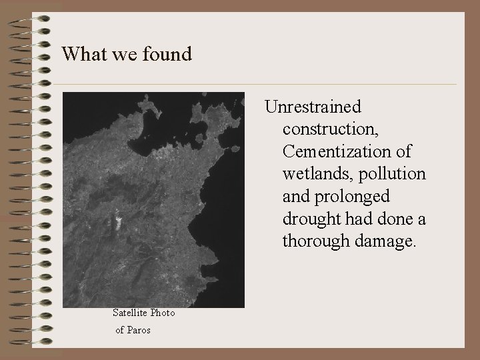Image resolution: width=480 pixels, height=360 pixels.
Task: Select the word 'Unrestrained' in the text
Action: [x=313, y=107]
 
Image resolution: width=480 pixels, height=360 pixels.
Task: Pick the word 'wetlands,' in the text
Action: [x=315, y=174]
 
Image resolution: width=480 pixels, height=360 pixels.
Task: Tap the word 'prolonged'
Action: [x=351, y=197]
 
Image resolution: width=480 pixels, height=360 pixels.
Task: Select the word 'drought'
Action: [x=311, y=219]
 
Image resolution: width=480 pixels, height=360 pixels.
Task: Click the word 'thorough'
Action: [x=315, y=241]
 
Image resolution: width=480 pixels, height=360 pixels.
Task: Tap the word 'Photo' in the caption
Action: [x=163, y=313]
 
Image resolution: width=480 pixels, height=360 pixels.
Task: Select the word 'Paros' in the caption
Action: [x=139, y=330]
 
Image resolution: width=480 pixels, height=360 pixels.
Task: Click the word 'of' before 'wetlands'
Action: [x=403, y=152]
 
